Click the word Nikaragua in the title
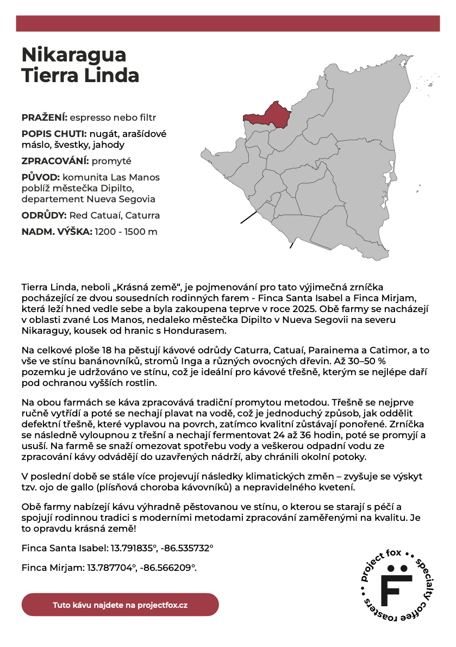pos(74,54)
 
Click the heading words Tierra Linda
pos(80,76)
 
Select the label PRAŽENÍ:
pos(45,117)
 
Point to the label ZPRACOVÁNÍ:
pos(55,161)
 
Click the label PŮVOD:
pos(41,177)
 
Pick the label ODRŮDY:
pos(44,215)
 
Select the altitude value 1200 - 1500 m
pos(126,232)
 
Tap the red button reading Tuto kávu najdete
pos(120,605)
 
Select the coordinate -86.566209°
pos(168,568)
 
